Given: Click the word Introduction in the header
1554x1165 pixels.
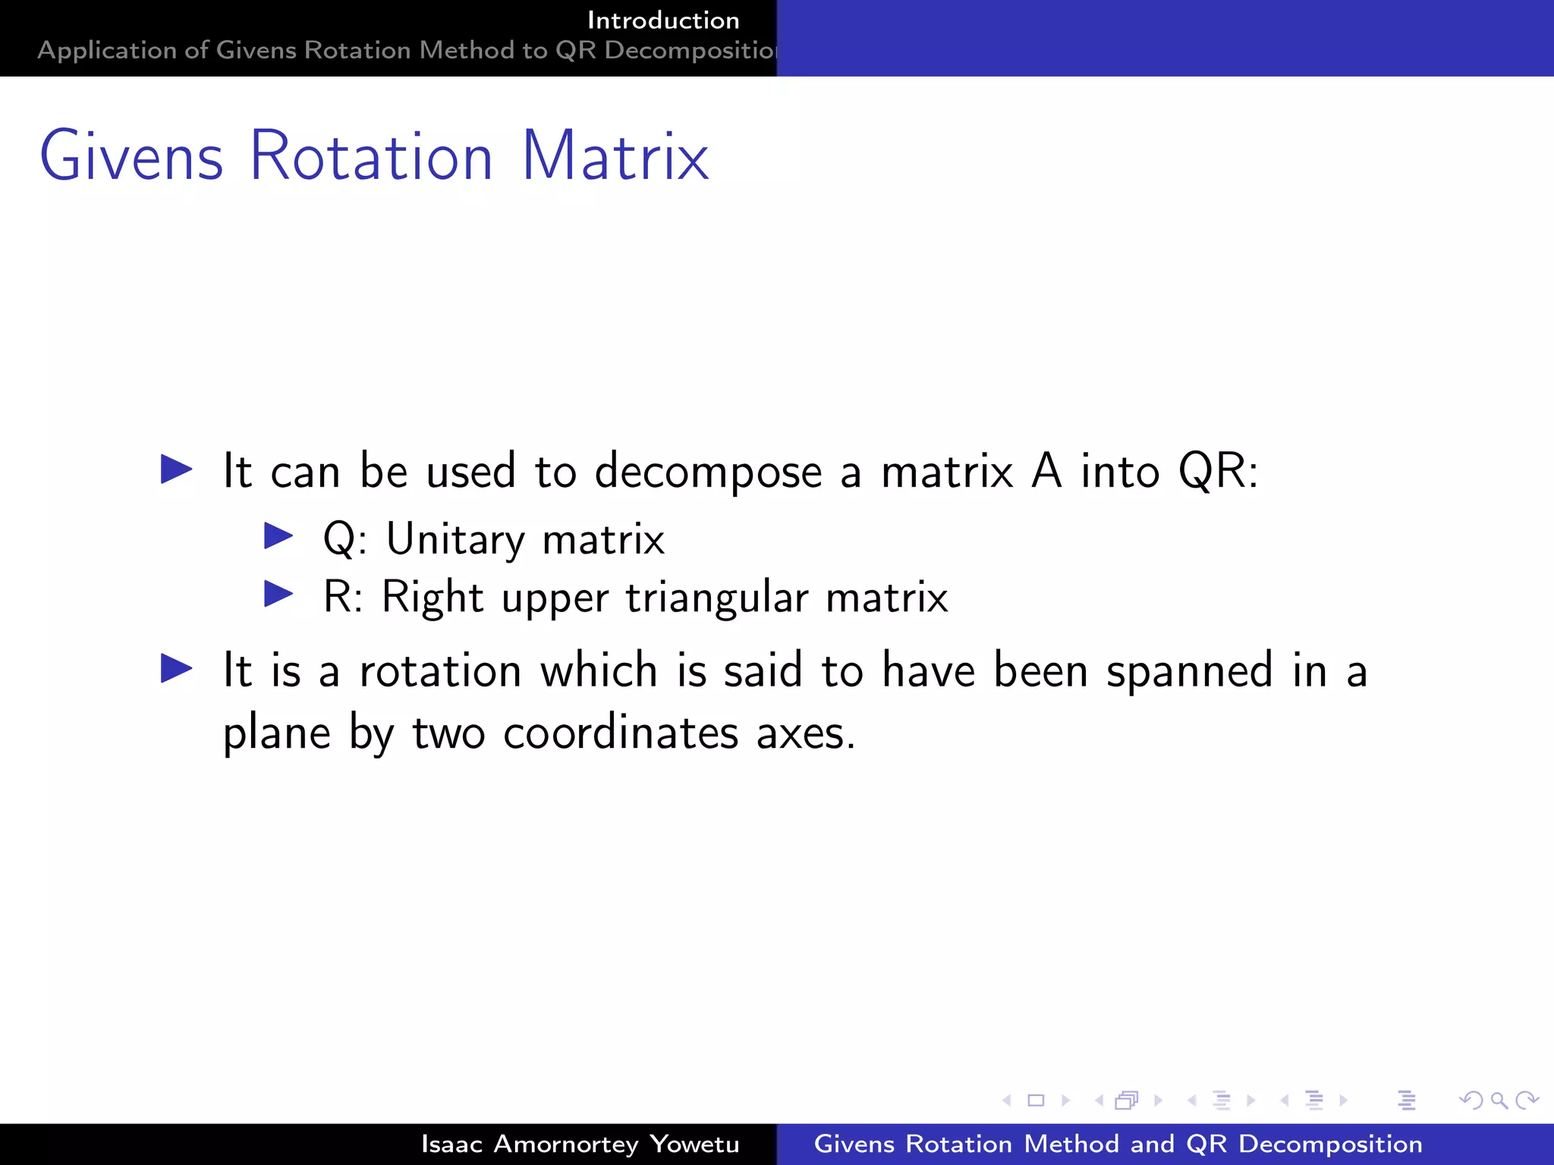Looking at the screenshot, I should tap(663, 20).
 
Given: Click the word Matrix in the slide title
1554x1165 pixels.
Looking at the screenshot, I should tap(615, 156).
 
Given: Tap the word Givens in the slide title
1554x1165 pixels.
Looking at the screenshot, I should tap(131, 156).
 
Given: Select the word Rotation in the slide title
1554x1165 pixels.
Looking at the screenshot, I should tap(371, 156).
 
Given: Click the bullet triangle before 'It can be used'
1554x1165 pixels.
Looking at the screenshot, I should tap(177, 469).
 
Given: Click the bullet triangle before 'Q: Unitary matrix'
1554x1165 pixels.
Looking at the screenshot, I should tap(278, 536).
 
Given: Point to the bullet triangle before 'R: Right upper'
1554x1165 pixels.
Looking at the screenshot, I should tap(278, 594).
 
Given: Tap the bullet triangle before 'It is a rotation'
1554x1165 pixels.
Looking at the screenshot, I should tap(177, 669).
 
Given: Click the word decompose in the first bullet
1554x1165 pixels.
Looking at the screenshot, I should tap(708, 473).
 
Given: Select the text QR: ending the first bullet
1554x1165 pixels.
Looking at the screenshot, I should tap(1218, 471).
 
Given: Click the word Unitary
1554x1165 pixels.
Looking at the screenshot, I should tap(455, 540).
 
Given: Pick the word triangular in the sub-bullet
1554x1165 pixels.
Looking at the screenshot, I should tap(717, 598).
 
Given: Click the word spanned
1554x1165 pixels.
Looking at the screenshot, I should tap(1189, 672).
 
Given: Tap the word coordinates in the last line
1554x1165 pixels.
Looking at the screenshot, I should tap(621, 733).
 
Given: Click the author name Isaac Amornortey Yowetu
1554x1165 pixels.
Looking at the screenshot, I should tap(580, 1144).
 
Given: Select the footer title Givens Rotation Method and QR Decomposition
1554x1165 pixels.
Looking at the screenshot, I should tap(1118, 1144).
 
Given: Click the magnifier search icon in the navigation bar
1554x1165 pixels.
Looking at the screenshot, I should tap(1499, 1100).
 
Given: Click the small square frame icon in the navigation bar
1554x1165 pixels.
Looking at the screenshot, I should tap(1036, 1100).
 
